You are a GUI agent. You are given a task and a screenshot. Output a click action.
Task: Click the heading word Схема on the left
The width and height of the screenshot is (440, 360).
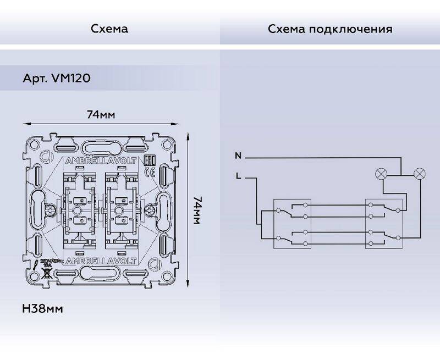pyautogui.click(x=110, y=29)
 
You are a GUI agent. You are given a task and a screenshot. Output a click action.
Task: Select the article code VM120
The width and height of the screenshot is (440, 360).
pyautogui.click(x=70, y=79)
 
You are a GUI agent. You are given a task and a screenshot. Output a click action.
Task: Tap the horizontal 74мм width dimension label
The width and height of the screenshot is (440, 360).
pyautogui.click(x=101, y=115)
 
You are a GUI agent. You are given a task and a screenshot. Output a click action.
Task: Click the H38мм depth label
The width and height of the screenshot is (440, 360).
pyautogui.click(x=43, y=308)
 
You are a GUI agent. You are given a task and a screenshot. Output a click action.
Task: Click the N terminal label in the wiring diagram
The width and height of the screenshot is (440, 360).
pyautogui.click(x=238, y=156)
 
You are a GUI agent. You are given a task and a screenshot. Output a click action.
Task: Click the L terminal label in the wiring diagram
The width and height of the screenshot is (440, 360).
pyautogui.click(x=238, y=176)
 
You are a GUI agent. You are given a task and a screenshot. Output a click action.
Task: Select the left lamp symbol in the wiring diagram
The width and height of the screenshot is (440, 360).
pyautogui.click(x=380, y=174)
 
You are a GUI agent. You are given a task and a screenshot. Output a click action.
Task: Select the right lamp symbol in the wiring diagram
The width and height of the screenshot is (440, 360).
pyautogui.click(x=419, y=174)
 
